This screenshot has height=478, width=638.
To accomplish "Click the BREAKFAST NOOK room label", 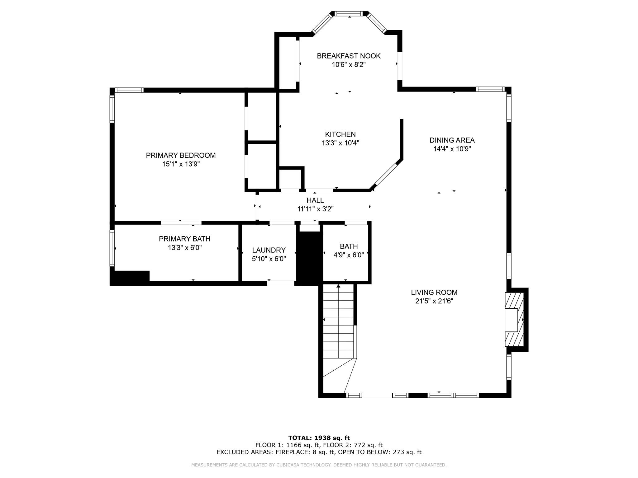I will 349,56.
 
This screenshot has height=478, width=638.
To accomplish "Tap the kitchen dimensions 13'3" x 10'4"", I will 340,143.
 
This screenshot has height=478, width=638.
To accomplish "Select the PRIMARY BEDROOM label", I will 181,155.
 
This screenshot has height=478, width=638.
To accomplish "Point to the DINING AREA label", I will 452,140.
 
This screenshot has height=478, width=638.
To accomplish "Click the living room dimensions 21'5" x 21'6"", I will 434,301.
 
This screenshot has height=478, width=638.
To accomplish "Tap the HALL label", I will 315,200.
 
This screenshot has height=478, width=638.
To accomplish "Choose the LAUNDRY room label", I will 269,250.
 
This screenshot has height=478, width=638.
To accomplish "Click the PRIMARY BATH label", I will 184,239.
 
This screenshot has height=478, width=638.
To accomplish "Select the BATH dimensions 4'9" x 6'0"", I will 349,255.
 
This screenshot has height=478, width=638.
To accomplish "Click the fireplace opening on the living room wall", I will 511,320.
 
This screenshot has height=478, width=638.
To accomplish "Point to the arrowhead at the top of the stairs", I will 338,286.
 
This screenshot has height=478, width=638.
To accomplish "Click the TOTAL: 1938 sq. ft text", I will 319,438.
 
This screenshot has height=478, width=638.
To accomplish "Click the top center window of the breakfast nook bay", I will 349,14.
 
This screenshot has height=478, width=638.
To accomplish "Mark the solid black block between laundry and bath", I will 308,258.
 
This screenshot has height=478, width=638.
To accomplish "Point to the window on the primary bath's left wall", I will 112,248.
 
